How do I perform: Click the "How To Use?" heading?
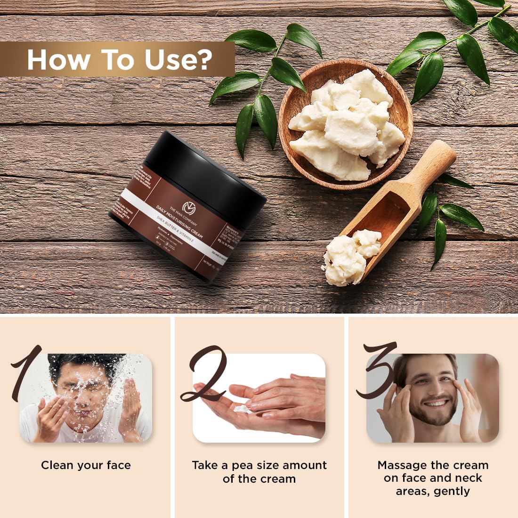120,59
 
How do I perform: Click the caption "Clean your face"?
86,465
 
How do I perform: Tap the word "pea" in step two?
243,465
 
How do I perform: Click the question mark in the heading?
204,59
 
